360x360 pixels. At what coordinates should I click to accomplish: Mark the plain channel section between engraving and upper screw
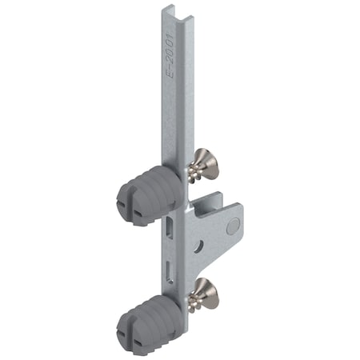(178, 120)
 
